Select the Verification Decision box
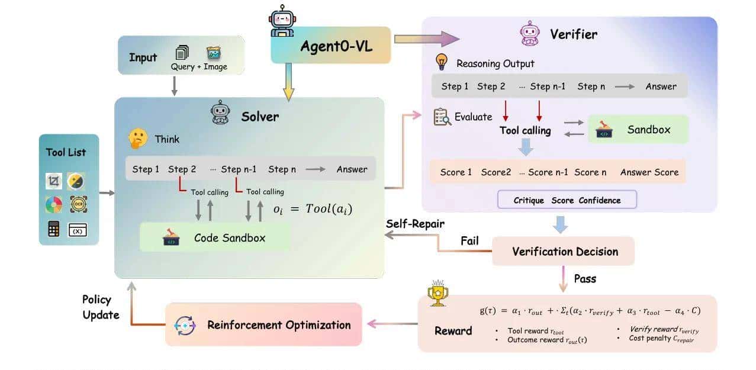[x=563, y=251]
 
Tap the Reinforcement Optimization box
[x=263, y=324]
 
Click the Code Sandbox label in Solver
[x=230, y=238]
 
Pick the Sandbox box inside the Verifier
[x=638, y=129]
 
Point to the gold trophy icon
[x=437, y=292]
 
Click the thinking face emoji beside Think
[x=137, y=139]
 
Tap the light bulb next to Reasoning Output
[x=441, y=62]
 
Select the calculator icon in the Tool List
[x=54, y=229]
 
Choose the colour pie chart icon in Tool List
[x=54, y=205]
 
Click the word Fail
[x=470, y=242]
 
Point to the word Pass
[x=586, y=278]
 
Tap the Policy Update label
[x=101, y=307]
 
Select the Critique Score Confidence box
[x=567, y=200]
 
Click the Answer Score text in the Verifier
[x=649, y=172]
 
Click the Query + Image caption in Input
[x=199, y=67]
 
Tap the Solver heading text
[x=260, y=117]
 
